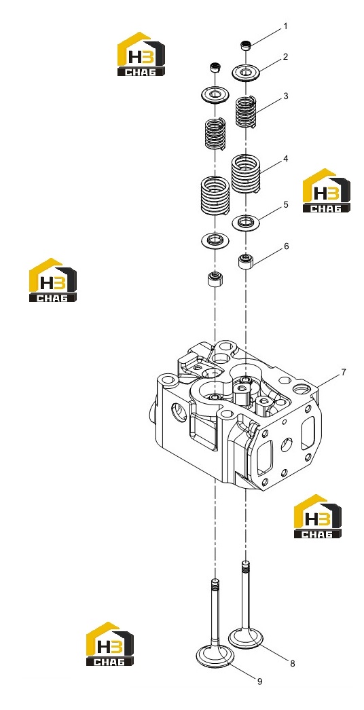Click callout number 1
285,26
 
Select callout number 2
285,57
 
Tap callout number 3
286,96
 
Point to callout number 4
286,159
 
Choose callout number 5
286,205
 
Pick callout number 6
286,246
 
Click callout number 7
344,372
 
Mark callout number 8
293,663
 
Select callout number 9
259,681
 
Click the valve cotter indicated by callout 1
245,45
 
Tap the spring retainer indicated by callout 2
244,71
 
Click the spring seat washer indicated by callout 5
245,223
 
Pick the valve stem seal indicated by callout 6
245,261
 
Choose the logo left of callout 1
141,54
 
